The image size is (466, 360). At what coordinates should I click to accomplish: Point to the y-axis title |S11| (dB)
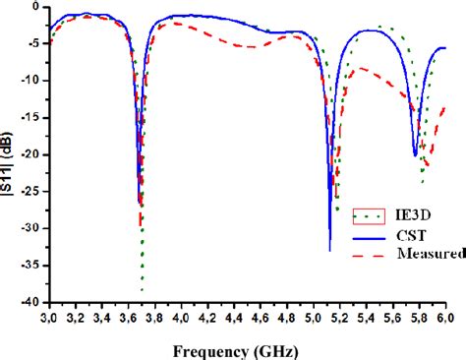(x=10, y=156)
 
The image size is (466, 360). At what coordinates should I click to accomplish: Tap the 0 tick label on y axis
(x=37, y=7)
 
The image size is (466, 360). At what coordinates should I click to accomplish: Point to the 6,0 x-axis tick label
(x=444, y=318)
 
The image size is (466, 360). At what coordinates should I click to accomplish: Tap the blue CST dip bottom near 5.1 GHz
(x=329, y=250)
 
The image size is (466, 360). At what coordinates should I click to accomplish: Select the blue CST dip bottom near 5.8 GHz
(x=415, y=155)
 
